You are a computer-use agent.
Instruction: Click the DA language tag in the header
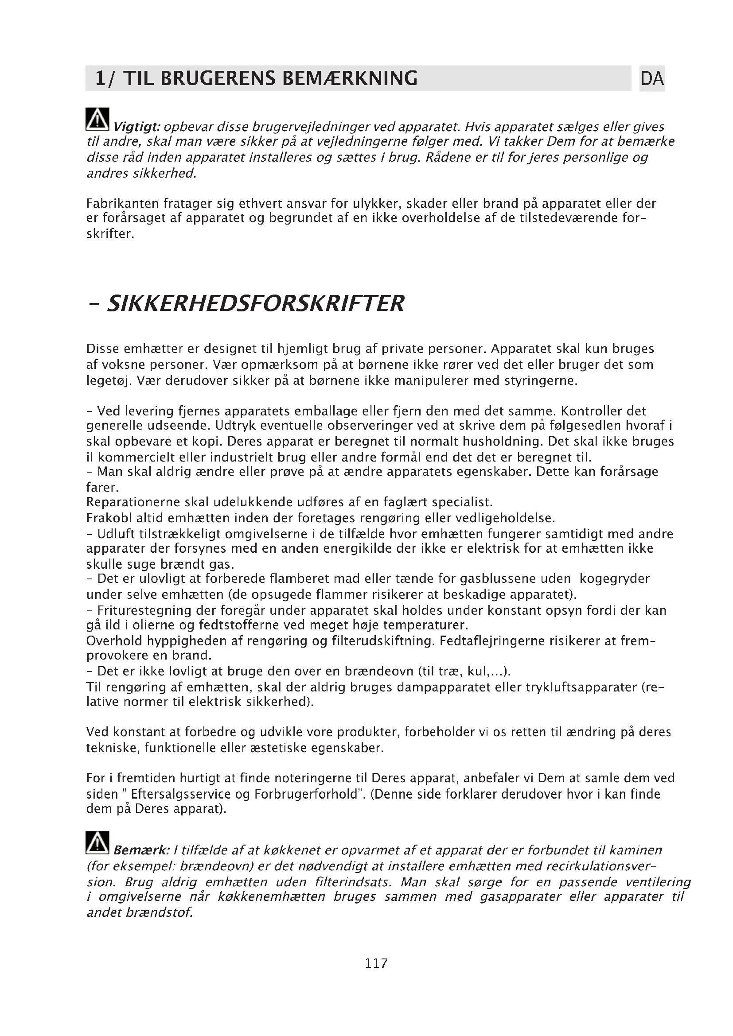tap(652, 78)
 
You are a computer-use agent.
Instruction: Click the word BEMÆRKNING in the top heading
tap(350, 78)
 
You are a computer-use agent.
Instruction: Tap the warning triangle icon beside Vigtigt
tap(97, 120)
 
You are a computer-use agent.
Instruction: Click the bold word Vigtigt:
tap(137, 127)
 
